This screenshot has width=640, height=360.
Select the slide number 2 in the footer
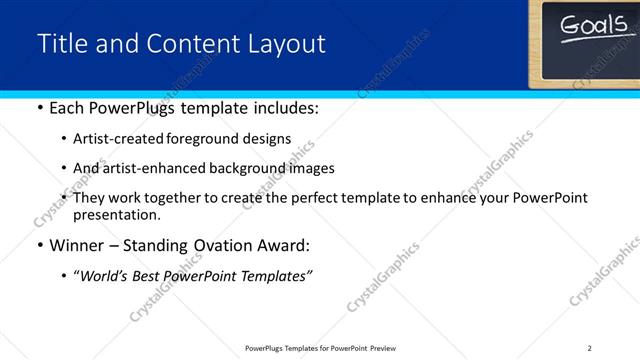point(590,347)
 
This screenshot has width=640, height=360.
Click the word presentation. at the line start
point(116,214)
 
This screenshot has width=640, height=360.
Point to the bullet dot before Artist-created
point(65,139)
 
